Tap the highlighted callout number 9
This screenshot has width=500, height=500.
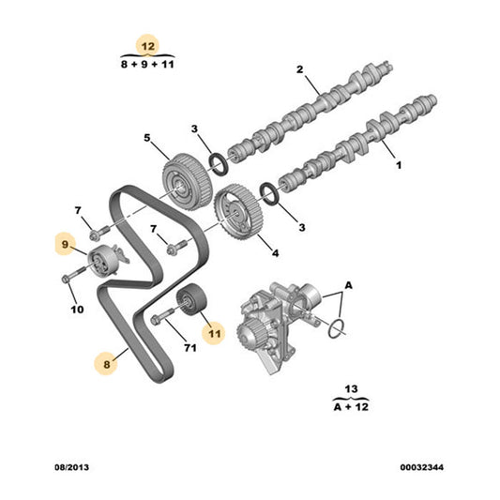click(66, 245)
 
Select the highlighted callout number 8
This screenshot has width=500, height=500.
click(106, 359)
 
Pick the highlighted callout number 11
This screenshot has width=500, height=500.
click(215, 330)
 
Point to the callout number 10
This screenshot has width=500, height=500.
click(78, 308)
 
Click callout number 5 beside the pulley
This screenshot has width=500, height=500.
click(147, 139)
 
